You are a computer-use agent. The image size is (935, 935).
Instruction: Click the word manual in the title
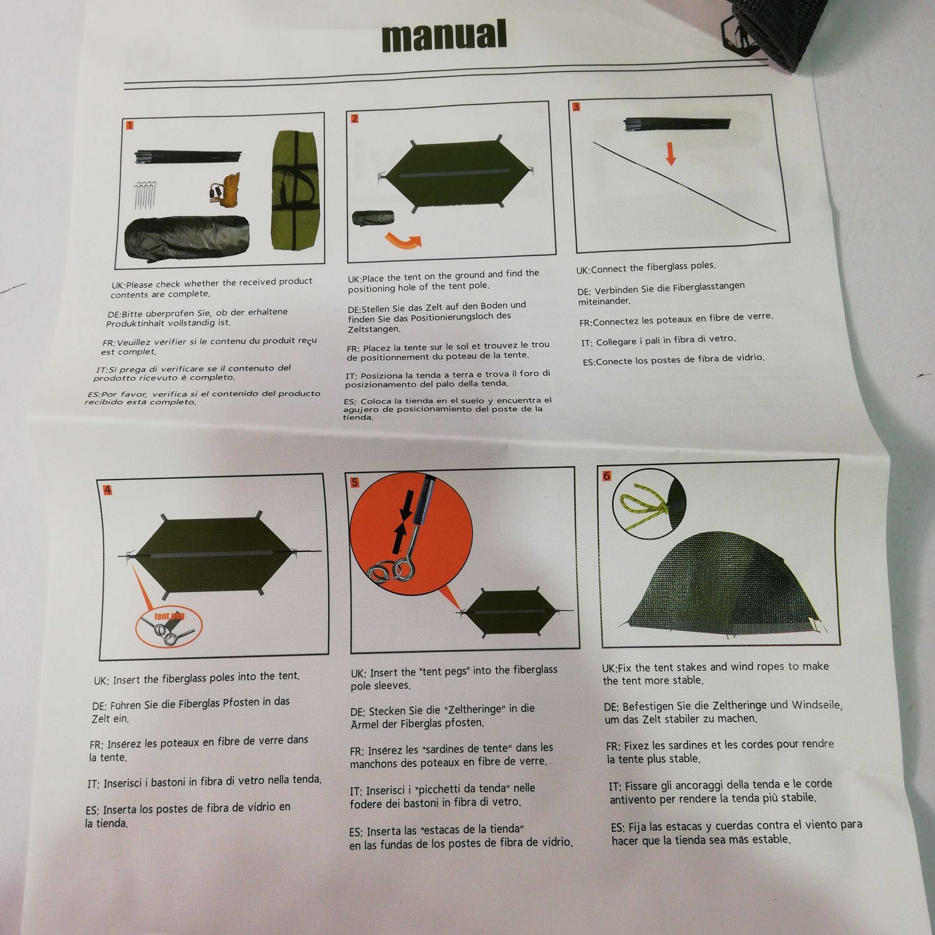pyautogui.click(x=444, y=36)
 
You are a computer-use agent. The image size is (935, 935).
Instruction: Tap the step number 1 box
pyautogui.click(x=129, y=126)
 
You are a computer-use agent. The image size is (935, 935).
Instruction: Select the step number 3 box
pyautogui.click(x=576, y=107)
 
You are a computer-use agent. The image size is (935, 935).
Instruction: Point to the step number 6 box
pyautogui.click(x=607, y=476)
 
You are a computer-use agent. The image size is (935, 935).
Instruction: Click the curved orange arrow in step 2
pyautogui.click(x=403, y=240)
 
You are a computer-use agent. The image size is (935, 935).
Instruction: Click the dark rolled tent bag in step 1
pyautogui.click(x=187, y=240)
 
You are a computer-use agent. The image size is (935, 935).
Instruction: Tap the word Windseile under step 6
pyautogui.click(x=817, y=705)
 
